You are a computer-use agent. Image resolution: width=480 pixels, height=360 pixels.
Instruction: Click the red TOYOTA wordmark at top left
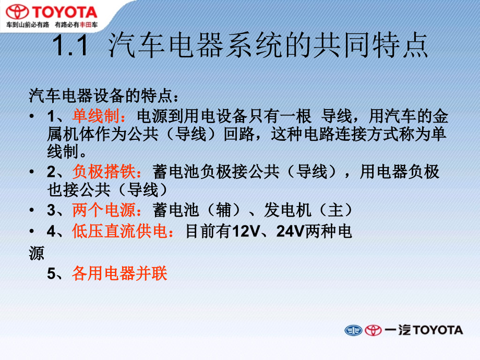coord(65,11)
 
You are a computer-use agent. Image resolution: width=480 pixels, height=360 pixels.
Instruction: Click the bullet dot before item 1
coord(32,116)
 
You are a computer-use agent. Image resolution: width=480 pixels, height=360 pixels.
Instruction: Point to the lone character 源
coord(37,253)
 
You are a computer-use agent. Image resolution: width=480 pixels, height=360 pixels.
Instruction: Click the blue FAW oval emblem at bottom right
coord(353,330)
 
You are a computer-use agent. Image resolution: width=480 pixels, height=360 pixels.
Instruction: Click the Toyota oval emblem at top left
coord(17,11)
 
